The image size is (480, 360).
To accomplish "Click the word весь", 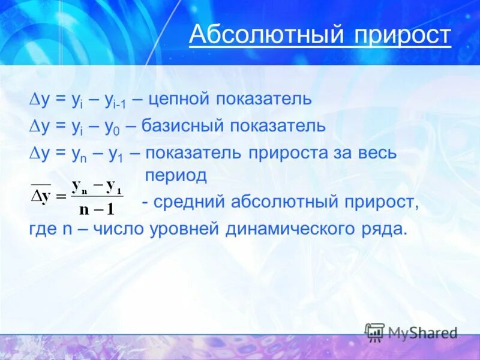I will pyautogui.click(x=377, y=152).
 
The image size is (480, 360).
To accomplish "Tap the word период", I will pyautogui.click(x=176, y=176).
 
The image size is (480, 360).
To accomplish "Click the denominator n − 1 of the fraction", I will pyautogui.click(x=97, y=208).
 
